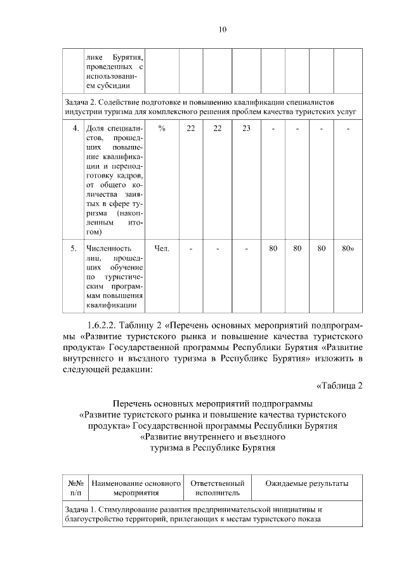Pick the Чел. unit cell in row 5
coord(162,248)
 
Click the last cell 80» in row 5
coord(348,248)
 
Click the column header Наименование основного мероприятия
coord(136,488)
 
